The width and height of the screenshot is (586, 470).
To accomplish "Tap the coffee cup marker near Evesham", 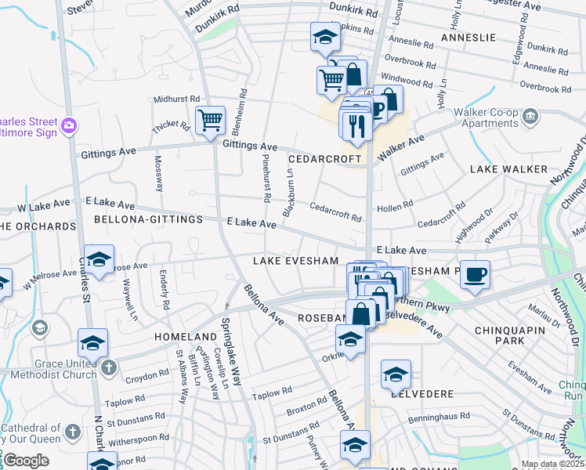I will (x=475, y=275).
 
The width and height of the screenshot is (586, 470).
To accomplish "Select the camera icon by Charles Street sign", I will (x=69, y=125).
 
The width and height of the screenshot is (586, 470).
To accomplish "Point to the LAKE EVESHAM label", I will (x=295, y=261).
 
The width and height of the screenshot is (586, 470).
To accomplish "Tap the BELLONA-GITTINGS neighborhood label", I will (x=148, y=219).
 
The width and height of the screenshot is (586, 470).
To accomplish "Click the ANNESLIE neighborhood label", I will (x=468, y=38).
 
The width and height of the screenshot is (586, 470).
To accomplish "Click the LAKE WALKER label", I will (x=508, y=169).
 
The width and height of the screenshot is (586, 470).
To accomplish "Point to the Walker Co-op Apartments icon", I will (x=531, y=117).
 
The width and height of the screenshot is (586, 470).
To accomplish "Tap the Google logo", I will (x=26, y=461).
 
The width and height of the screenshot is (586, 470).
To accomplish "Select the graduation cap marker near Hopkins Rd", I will (x=324, y=37).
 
